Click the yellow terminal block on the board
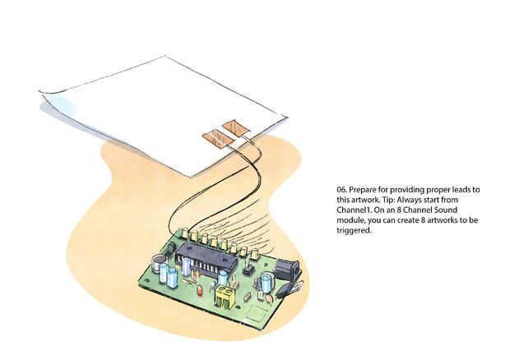click(225, 297)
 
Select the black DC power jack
click(285, 269)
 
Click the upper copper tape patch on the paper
click(236, 127)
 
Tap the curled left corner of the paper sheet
click(49, 100)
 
